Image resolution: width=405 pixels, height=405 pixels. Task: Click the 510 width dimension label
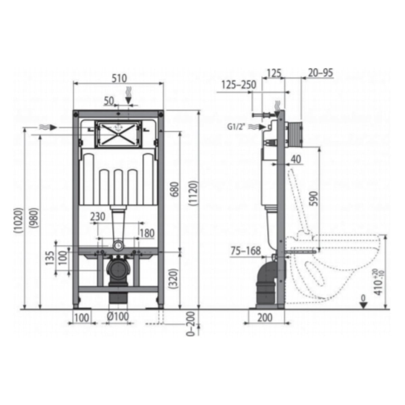click(119, 79)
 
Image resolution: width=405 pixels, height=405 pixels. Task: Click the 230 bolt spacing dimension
click(98, 216)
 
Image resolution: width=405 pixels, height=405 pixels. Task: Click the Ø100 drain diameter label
click(118, 317)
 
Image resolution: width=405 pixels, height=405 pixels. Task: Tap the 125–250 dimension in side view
click(239, 85)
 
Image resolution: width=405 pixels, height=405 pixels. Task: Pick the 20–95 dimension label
click(320, 73)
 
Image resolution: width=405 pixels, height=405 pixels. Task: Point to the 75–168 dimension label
click(245, 250)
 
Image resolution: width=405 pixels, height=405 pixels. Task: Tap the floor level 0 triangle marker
click(363, 305)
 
